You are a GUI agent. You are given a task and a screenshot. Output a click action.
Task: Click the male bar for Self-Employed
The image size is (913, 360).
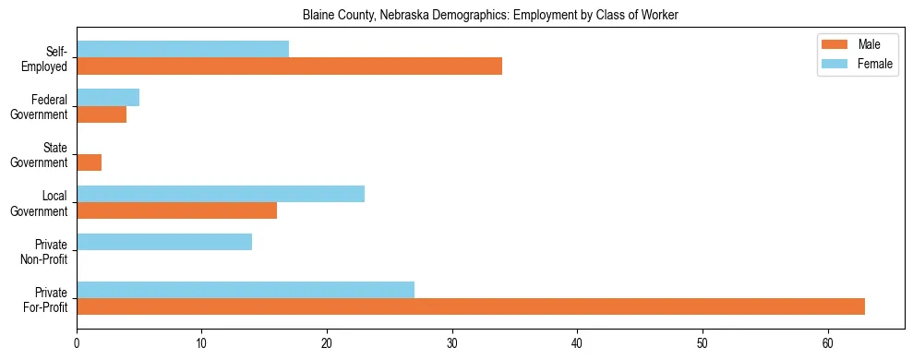point(289,66)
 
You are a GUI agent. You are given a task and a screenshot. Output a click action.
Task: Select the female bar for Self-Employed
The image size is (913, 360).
point(183,49)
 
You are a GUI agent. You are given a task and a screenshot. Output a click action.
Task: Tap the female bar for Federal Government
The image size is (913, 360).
point(108,97)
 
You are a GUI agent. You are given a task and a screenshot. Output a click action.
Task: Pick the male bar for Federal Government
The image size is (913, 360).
point(102,114)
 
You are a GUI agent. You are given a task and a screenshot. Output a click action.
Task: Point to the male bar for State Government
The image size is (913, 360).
point(89,162)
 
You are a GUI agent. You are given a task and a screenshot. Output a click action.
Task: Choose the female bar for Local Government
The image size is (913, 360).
point(221,194)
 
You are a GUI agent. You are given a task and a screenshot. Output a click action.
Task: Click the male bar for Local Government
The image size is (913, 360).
point(176,210)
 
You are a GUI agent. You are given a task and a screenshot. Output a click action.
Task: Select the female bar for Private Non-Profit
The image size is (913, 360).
point(164,242)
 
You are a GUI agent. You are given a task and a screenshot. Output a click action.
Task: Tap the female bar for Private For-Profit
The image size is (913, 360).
point(246,290)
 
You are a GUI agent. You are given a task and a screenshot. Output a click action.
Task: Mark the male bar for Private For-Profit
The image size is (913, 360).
point(471,306)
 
